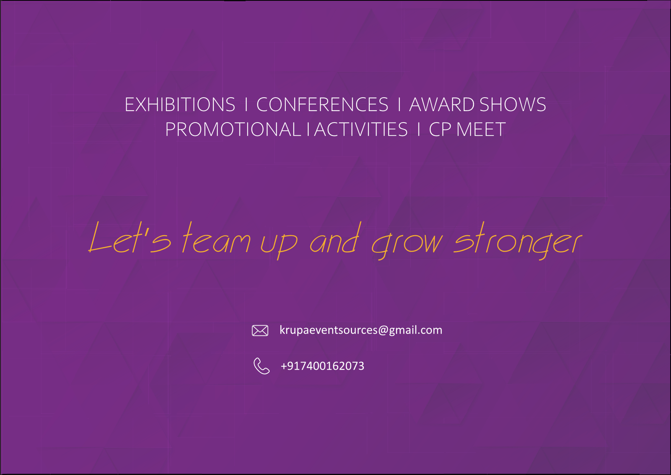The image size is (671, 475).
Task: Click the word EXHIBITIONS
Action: pos(180,105)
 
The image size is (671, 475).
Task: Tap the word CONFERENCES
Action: pos(322,105)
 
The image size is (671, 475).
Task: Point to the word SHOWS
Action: pos(513,105)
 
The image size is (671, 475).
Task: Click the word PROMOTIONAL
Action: pos(233,129)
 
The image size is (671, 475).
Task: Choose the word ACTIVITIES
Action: pos(361,129)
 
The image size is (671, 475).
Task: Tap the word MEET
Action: pos(481,129)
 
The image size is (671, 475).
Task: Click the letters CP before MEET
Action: pos(440,129)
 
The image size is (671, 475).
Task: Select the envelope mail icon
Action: pos(260,330)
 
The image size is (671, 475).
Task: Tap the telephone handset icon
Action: pos(261,366)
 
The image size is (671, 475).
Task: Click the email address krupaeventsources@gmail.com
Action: pos(361,330)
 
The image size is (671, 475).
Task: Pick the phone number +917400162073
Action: pos(322,366)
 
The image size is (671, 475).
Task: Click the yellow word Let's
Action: pos(130,237)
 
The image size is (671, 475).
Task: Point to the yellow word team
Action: pos(216,237)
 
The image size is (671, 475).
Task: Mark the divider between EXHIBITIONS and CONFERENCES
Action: pos(246,105)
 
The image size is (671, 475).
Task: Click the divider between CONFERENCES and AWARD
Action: pos(399,105)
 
